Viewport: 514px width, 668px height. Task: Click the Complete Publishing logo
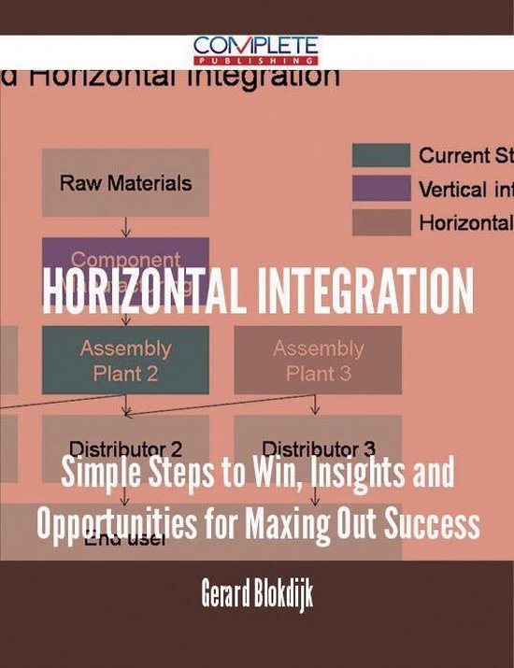pyautogui.click(x=256, y=49)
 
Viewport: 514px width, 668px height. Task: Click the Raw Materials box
pyautogui.click(x=126, y=183)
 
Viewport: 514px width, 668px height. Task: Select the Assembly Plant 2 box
pyautogui.click(x=125, y=360)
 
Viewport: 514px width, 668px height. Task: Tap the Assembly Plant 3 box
pyautogui.click(x=317, y=360)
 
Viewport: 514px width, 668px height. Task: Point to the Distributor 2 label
pyautogui.click(x=126, y=447)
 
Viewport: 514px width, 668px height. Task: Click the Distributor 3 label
pyautogui.click(x=317, y=447)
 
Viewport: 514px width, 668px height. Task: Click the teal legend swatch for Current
pyautogui.click(x=380, y=155)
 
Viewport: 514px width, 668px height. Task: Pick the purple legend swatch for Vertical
pyautogui.click(x=380, y=189)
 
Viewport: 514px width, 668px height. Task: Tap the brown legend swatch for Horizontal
pyautogui.click(x=380, y=222)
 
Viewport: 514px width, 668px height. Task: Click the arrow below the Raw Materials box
pyautogui.click(x=126, y=227)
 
